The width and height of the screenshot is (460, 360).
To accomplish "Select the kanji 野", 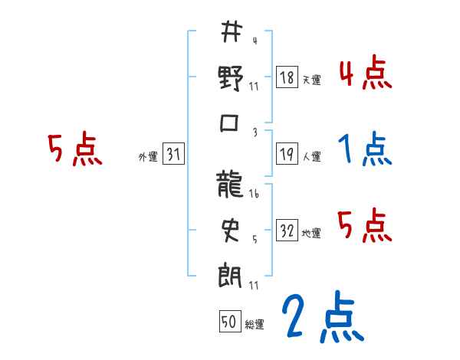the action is [231, 79].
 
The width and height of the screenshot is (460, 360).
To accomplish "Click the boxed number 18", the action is [287, 77].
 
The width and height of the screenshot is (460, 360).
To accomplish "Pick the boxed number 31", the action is [173, 155].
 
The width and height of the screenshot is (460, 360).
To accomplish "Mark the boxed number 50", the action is [229, 322].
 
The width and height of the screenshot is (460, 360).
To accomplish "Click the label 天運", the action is [310, 80].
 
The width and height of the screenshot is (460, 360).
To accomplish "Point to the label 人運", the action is [311, 157].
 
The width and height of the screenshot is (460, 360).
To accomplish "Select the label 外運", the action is [147, 157].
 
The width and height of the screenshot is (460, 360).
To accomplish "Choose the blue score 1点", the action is [365, 149].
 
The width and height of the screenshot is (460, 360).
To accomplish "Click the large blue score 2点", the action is [321, 316].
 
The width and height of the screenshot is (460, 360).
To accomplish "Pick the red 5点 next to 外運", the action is [75, 149].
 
